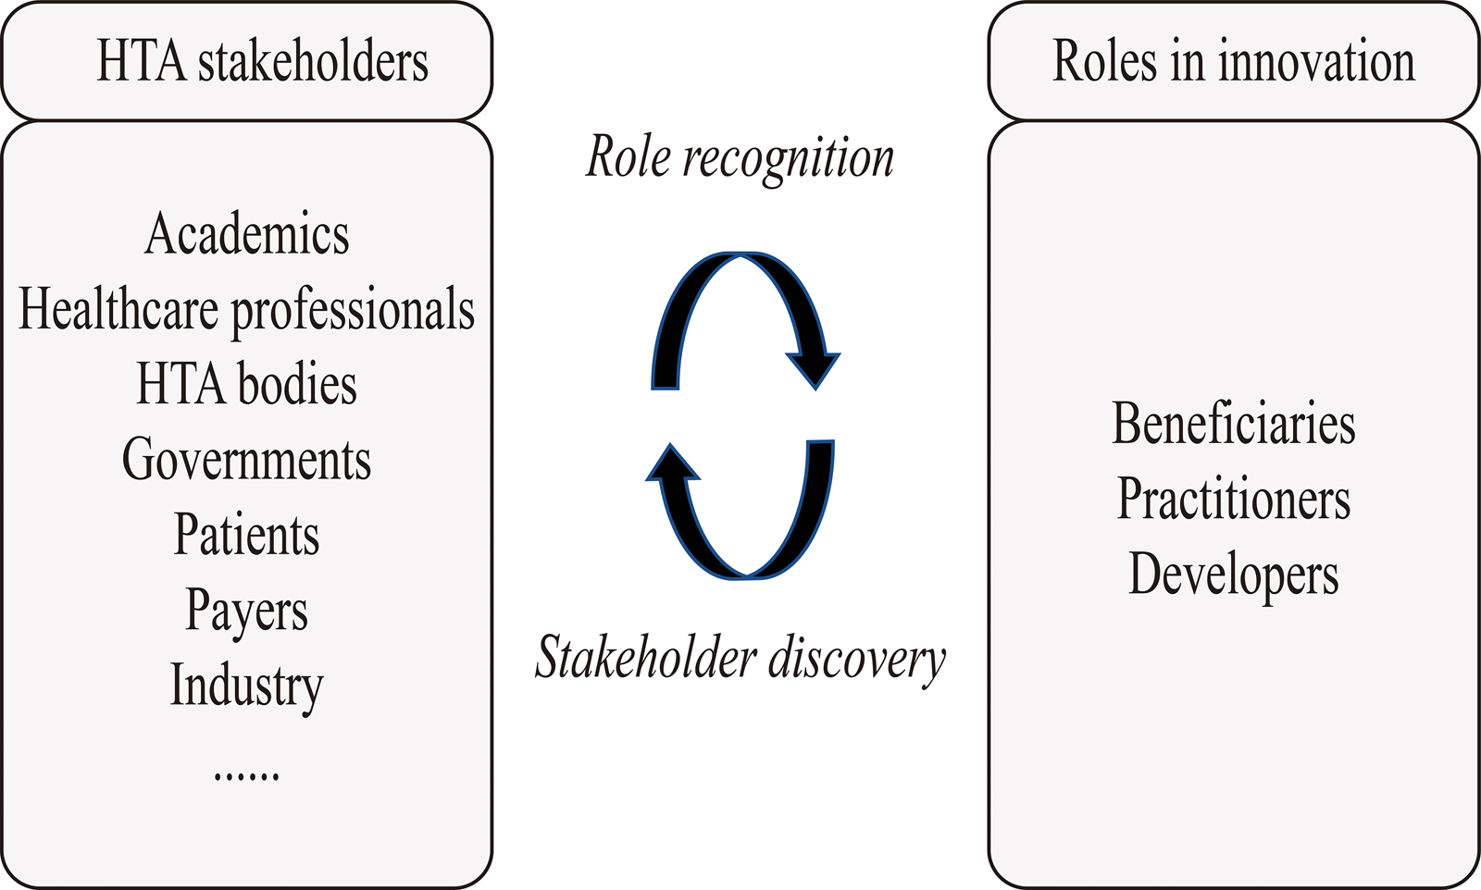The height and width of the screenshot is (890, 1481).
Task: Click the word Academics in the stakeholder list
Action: pos(247,234)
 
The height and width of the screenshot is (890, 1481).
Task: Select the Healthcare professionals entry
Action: pos(246,309)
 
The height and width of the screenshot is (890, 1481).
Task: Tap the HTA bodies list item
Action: pos(246,384)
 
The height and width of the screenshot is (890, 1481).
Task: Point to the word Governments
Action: pos(246,460)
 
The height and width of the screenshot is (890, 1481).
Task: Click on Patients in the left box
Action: pos(246,535)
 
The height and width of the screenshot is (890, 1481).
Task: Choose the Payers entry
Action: pos(246,611)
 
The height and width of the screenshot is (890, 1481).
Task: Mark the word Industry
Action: pos(246,686)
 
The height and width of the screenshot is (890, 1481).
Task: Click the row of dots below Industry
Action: pos(246,775)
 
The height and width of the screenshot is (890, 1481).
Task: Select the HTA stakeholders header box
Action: pos(246,61)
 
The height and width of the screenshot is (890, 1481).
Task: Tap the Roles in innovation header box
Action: pos(1233,61)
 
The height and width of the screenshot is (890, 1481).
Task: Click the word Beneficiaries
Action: pos(1233,424)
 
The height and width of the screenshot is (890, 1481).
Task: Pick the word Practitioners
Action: pos(1233,500)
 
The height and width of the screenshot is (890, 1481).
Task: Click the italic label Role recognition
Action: pos(740,157)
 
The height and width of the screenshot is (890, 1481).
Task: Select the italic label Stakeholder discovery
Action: pos(740,659)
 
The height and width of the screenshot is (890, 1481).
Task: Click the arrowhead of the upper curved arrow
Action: pos(815,368)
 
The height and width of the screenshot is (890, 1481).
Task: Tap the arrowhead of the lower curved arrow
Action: pos(672,464)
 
